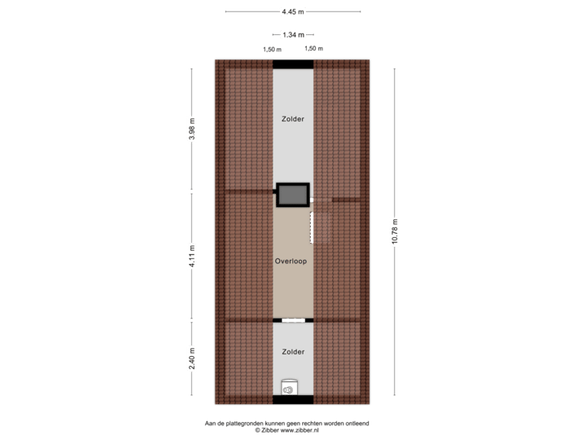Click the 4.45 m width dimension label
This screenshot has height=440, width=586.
pos(293,11)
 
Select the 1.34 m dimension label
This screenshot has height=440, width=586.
pos(293,35)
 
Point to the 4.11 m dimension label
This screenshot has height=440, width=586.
pos(192,256)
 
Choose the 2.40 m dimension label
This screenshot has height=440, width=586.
pos(192,359)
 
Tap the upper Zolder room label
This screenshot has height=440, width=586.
pos(293,119)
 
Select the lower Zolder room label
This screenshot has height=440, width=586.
pos(293,352)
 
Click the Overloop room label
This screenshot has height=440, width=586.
pos(291,262)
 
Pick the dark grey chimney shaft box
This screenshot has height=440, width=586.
pos(293,194)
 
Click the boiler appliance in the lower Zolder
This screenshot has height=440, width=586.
pos(288,390)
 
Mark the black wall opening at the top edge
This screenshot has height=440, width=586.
pos(293,63)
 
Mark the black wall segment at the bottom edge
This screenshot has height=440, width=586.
pos(293,400)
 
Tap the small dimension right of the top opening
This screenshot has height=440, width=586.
pos(314,49)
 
